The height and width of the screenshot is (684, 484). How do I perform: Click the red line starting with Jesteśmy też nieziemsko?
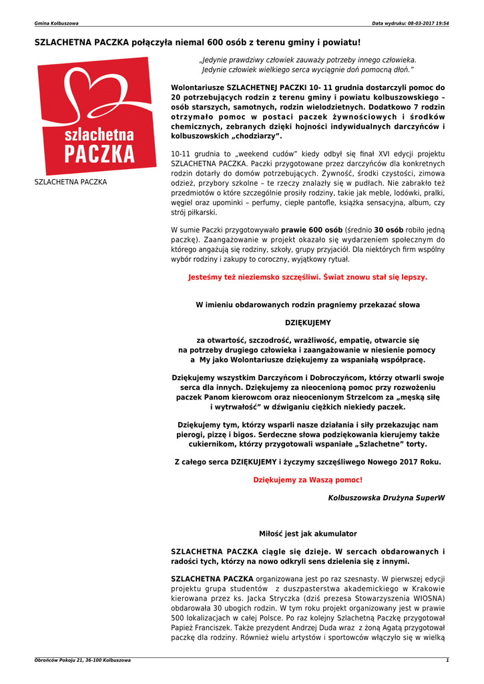tap(308, 276)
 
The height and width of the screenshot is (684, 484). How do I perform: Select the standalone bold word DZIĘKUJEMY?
tap(308, 323)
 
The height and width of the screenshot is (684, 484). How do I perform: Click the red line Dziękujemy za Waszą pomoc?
tap(308, 480)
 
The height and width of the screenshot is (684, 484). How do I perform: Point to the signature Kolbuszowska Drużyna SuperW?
tap(386, 498)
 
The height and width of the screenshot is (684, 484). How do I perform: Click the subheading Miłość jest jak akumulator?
tap(308, 534)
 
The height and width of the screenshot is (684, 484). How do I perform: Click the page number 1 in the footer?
tap(447, 660)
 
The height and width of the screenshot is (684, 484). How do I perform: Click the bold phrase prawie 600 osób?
tap(311, 229)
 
